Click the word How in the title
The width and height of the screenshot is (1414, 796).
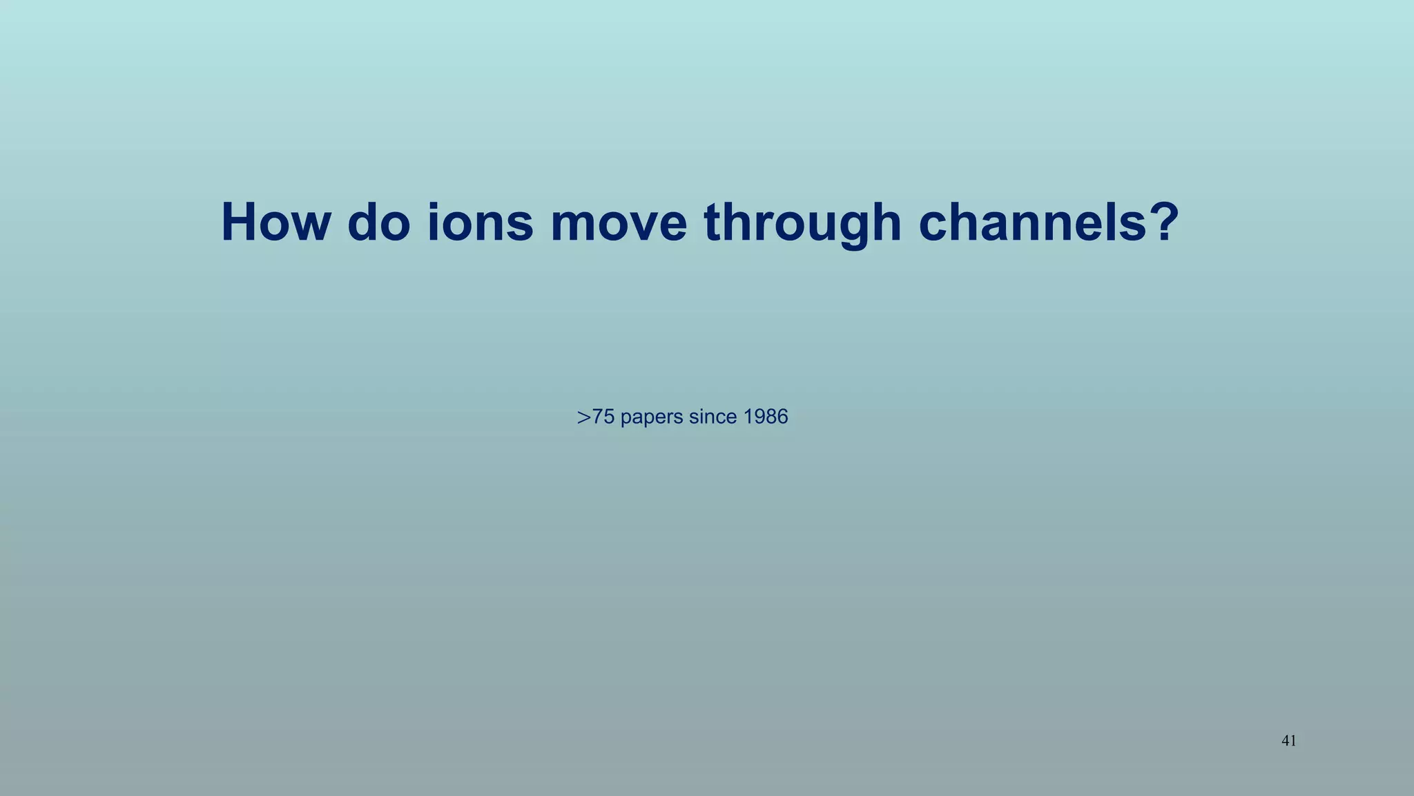(x=275, y=222)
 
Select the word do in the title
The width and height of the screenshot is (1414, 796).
(x=378, y=222)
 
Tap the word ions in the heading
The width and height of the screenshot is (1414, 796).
(x=481, y=222)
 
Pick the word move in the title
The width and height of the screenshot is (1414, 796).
(x=619, y=222)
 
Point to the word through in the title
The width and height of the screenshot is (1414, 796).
(x=803, y=222)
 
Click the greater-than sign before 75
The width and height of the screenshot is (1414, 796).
(x=584, y=417)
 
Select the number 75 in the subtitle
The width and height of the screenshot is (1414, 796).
(x=603, y=417)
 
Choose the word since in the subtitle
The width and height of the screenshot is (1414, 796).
(x=715, y=417)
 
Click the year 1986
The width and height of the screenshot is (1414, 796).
(x=766, y=417)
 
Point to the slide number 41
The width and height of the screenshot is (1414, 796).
(x=1288, y=741)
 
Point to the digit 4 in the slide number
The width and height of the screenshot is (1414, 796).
(x=1285, y=741)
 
